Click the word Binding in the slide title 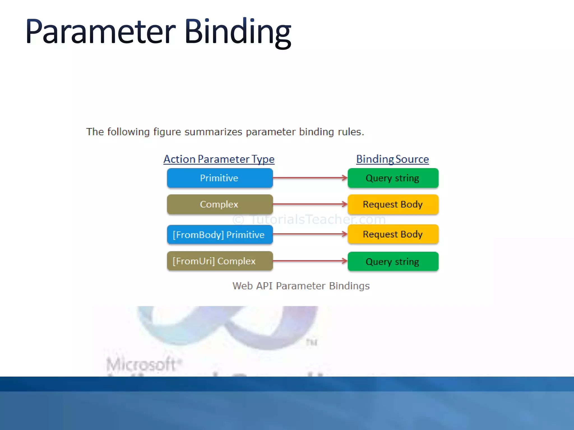point(238,31)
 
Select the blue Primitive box point(220,178)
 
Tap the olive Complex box point(220,204)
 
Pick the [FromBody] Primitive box point(220,235)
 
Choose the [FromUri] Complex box point(220,261)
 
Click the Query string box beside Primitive point(393,178)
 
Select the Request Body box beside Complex point(393,204)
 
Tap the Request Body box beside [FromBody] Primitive point(393,234)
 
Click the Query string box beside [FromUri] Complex point(393,261)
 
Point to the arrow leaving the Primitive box point(310,178)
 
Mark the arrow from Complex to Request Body point(310,204)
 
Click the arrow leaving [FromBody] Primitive point(310,234)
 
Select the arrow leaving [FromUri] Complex point(310,261)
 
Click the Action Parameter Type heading point(219,159)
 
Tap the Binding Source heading point(392,159)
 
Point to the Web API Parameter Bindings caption point(301,286)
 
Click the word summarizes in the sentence point(213,132)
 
